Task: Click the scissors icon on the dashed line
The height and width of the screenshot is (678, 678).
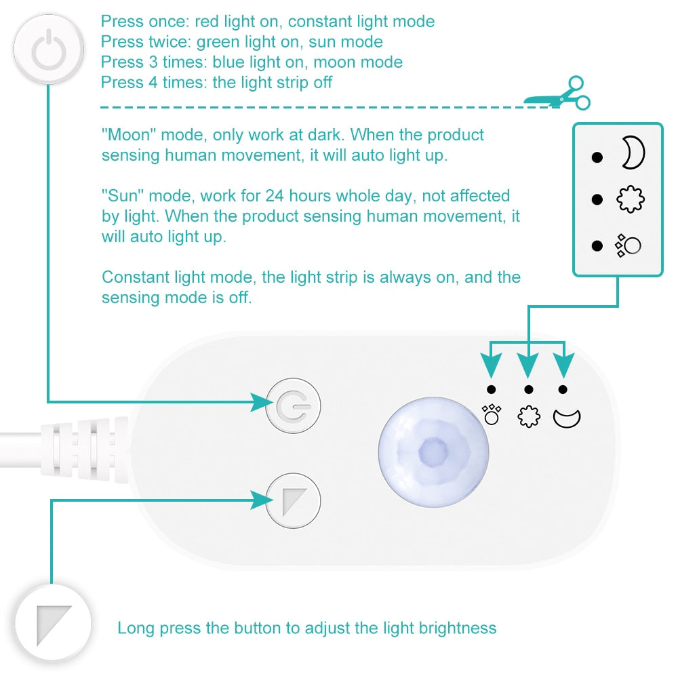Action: [558, 94]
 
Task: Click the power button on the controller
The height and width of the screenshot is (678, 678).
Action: [294, 406]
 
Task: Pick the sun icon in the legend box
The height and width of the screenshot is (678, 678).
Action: [630, 199]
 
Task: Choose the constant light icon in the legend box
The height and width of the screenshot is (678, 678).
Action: [628, 245]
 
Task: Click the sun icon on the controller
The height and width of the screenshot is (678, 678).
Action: [529, 416]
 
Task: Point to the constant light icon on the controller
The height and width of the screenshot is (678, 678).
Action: [492, 414]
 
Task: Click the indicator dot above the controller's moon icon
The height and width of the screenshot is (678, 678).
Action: [563, 388]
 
